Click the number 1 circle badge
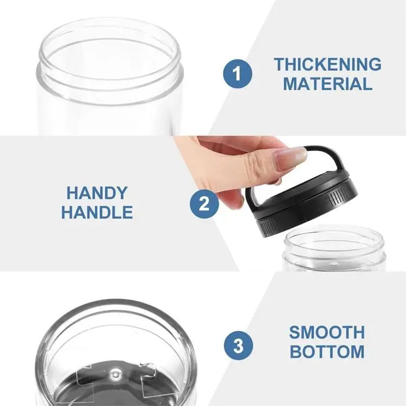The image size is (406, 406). click(x=237, y=74)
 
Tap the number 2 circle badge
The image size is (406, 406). click(x=204, y=204)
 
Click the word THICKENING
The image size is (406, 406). click(x=327, y=64)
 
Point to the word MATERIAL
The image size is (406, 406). click(x=328, y=84)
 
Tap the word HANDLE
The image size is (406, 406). click(x=97, y=212)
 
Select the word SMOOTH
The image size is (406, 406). click(x=326, y=331)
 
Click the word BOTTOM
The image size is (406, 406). click(x=326, y=351)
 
